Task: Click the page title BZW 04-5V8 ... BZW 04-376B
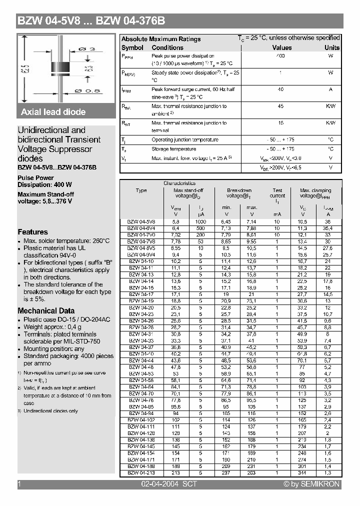pyautogui.click(x=91, y=21)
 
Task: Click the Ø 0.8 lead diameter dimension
pyautogui.click(x=87, y=90)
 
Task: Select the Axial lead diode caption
pyautogui.click(x=53, y=112)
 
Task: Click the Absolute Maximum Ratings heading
pyautogui.click(x=161, y=39)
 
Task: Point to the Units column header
pyautogui.click(x=331, y=47)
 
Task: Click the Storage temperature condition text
pyautogui.click(x=173, y=149)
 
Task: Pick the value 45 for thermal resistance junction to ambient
pyautogui.click(x=280, y=106)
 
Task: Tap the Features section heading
pyautogui.click(x=33, y=232)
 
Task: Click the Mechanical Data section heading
pyautogui.click(x=45, y=310)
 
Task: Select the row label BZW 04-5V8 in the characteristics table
pyautogui.click(x=141, y=221)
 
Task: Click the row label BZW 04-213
pyautogui.click(x=141, y=472)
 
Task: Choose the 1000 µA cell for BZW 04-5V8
pyautogui.click(x=200, y=221)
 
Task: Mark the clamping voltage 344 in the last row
pyautogui.click(x=302, y=472)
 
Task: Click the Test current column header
pyautogui.click(x=277, y=193)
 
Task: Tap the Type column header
pyautogui.click(x=141, y=190)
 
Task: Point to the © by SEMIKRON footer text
pyautogui.click(x=311, y=484)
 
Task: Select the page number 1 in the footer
pyautogui.click(x=19, y=484)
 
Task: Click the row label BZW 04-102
pyautogui.click(x=141, y=420)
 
